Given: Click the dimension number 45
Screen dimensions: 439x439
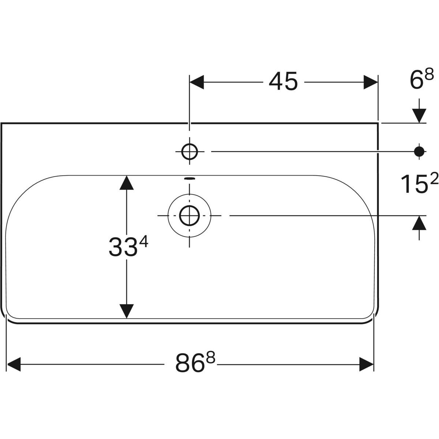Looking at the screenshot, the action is (283, 81).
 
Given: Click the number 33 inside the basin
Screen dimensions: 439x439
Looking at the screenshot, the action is (124, 247).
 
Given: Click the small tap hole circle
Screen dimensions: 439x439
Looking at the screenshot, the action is (190, 151).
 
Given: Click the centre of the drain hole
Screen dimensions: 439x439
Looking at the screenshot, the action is (190, 215).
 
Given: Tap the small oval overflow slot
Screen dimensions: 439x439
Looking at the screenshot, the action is (190, 179).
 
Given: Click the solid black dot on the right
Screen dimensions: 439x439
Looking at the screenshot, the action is (419, 151).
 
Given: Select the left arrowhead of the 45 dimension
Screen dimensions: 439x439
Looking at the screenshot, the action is (196, 82).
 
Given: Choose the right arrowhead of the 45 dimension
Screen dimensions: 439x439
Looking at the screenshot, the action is (371, 82).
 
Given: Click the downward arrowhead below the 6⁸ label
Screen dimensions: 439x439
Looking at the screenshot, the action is (419, 116).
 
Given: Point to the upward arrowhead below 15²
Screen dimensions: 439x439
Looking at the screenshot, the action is (419, 223).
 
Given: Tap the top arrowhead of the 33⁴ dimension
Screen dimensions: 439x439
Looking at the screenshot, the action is (127, 183).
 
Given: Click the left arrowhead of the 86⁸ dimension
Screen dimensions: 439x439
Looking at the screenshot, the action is (14, 364).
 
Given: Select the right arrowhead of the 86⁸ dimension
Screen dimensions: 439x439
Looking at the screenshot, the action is (367, 364).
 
